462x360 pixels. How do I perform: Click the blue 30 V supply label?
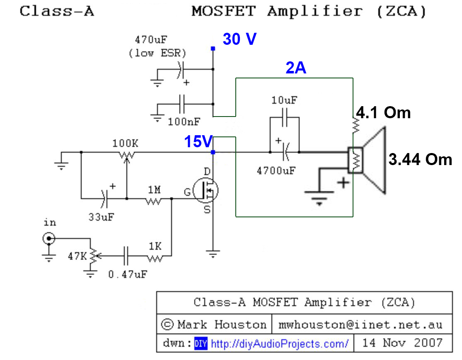point(240,39)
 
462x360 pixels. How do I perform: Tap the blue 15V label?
point(198,142)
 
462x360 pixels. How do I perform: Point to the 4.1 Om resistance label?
point(383,112)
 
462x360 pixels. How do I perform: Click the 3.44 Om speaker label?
point(420,159)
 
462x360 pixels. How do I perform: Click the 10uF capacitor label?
point(284,100)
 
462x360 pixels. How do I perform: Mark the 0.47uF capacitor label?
point(127,274)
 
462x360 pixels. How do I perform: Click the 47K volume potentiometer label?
point(77,256)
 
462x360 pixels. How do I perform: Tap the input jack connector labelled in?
point(49,239)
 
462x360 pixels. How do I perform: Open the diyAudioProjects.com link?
point(280,343)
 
